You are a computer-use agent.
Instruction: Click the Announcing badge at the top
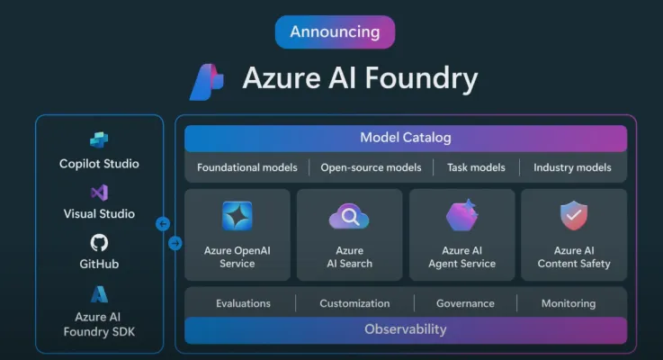point(335,31)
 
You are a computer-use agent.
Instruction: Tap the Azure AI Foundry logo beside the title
point(207,82)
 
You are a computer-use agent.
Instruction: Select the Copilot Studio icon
point(99,140)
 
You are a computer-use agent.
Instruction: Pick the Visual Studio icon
point(99,193)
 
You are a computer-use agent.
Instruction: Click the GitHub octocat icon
point(99,243)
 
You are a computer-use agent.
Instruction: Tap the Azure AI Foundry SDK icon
point(99,294)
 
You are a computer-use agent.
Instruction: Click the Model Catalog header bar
point(406,138)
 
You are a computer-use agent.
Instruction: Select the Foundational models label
point(247,167)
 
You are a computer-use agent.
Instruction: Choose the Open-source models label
point(372,167)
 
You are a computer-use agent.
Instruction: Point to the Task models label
point(476,167)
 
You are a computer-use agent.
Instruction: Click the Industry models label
point(572,167)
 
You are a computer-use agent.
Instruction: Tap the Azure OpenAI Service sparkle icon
point(237,216)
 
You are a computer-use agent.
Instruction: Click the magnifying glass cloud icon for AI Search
point(349,216)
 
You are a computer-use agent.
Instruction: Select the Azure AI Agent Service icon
point(462,216)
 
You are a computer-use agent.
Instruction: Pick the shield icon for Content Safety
point(574,216)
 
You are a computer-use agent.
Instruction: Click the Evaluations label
point(243,303)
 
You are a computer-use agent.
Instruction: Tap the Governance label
point(465,303)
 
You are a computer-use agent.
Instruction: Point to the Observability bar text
point(406,329)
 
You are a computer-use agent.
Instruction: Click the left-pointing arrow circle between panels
point(163,224)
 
